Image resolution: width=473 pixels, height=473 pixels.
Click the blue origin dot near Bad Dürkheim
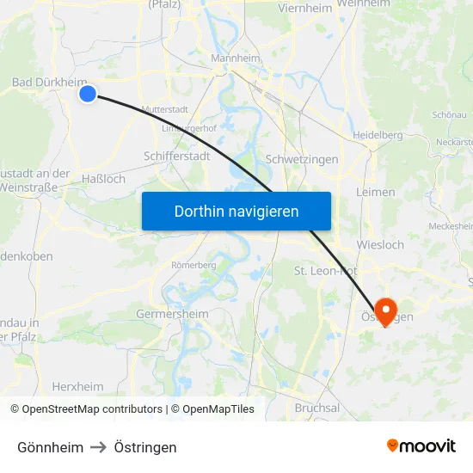pyautogui.click(x=88, y=93)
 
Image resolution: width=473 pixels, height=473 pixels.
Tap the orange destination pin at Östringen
pyautogui.click(x=384, y=310)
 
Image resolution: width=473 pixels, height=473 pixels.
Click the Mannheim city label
pyautogui.click(x=235, y=58)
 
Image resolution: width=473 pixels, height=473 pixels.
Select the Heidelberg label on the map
pyautogui.click(x=378, y=135)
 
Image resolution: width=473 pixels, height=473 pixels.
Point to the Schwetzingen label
pyautogui.click(x=302, y=159)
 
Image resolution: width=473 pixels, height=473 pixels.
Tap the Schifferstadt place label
pyautogui.click(x=176, y=157)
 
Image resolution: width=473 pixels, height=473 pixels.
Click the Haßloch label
pyautogui.click(x=102, y=179)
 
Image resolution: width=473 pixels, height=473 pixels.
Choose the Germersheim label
pyautogui.click(x=172, y=314)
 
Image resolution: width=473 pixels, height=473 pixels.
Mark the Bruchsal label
pyautogui.click(x=316, y=408)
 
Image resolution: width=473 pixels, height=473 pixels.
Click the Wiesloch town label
pyautogui.click(x=379, y=244)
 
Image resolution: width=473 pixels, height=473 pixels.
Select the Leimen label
pyautogui.click(x=375, y=192)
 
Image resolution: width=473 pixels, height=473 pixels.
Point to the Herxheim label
pyautogui.click(x=77, y=386)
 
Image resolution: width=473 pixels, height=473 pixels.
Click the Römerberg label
pyautogui.click(x=193, y=265)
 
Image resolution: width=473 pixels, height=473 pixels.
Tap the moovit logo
pyautogui.click(x=421, y=445)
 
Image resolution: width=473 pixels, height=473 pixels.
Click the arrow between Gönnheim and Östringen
pyautogui.click(x=99, y=447)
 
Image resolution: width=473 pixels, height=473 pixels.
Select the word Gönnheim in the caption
pyautogui.click(x=50, y=447)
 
